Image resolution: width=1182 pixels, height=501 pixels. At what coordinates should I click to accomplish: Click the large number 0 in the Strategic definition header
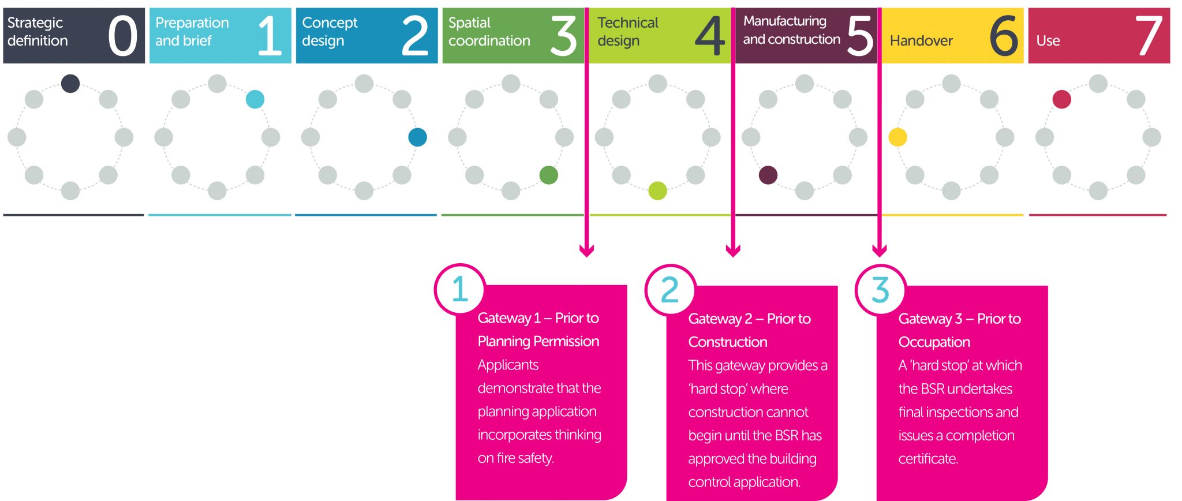tap(122, 36)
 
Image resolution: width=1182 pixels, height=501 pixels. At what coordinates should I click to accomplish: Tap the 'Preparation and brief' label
tap(192, 32)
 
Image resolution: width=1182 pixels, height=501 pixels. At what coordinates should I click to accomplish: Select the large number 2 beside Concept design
tap(415, 36)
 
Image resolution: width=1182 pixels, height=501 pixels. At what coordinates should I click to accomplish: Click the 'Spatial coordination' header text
tap(489, 32)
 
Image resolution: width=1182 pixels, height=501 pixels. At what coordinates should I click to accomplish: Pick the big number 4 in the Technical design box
tap(709, 36)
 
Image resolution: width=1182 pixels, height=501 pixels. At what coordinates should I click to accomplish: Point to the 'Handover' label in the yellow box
tap(921, 41)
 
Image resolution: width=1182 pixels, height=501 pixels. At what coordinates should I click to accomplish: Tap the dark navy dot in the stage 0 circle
tap(70, 83)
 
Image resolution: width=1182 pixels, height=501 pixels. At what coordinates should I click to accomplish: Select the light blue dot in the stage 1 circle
tap(255, 99)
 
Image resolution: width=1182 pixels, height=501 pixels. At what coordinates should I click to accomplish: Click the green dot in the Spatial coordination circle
tap(548, 175)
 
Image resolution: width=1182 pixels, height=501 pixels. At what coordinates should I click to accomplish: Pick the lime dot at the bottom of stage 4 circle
tap(657, 190)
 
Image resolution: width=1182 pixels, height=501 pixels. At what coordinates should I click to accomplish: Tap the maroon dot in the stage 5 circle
tap(768, 175)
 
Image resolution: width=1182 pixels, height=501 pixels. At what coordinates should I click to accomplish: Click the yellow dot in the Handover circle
tap(897, 137)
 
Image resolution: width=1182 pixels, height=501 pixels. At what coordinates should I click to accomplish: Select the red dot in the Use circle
tap(1061, 99)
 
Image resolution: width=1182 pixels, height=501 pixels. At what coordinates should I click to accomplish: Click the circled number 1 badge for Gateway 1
tap(459, 289)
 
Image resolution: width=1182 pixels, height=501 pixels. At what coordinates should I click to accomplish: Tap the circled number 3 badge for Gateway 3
tap(880, 290)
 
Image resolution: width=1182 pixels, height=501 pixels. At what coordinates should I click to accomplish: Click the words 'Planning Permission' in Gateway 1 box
tap(538, 341)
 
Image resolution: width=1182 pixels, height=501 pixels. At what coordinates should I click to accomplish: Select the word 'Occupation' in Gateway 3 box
tap(934, 342)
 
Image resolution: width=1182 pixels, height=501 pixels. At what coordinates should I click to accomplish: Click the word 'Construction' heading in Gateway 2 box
tap(727, 342)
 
